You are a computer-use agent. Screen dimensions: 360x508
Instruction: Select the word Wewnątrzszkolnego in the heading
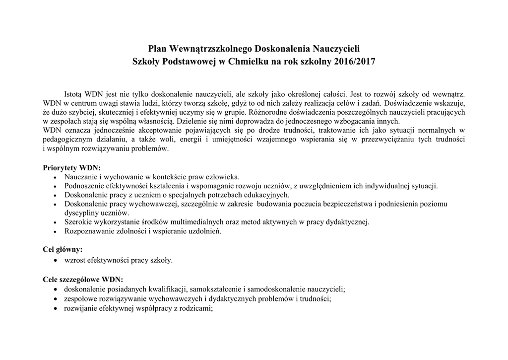click(x=210, y=49)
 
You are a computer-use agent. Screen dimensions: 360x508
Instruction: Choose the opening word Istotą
click(x=73, y=93)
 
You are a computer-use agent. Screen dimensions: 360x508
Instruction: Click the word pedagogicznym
click(x=68, y=140)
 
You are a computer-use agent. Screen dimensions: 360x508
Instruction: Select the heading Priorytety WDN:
click(x=72, y=167)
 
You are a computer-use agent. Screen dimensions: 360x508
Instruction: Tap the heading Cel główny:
click(x=63, y=249)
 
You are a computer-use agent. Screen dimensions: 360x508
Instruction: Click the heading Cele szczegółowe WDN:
click(x=83, y=279)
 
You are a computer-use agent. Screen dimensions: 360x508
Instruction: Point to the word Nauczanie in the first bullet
click(x=80, y=176)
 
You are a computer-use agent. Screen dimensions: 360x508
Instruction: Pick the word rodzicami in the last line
click(x=197, y=308)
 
